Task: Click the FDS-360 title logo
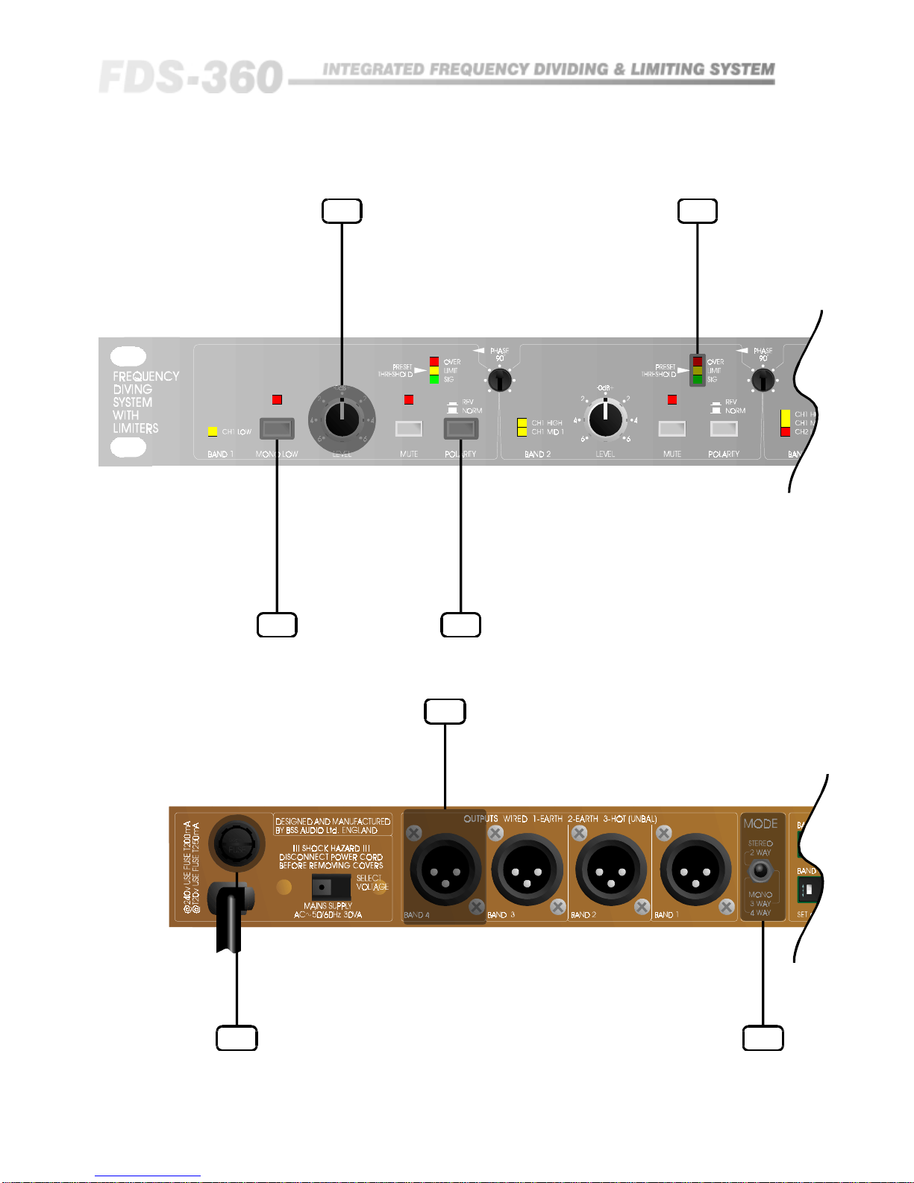pos(191,77)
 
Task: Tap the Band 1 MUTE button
pos(408,428)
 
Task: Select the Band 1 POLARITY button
pos(460,428)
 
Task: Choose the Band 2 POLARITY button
pos(724,428)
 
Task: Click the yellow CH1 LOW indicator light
pos(213,431)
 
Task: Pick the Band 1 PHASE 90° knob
pos(499,381)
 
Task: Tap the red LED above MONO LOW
pos(277,400)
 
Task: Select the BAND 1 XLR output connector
pos(695,870)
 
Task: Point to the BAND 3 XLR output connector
pos(528,870)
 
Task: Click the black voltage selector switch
pos(331,886)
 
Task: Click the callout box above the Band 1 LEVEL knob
pos(342,211)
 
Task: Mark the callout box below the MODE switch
pos(763,1038)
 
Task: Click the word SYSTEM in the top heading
pos(742,69)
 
